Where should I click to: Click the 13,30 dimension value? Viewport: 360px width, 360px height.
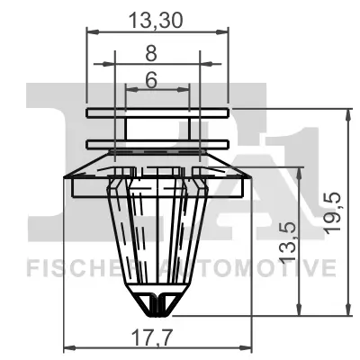tap(157, 15)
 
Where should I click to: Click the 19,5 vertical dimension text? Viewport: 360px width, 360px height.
tap(334, 211)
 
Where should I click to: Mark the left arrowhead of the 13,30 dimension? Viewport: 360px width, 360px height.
tap(90, 31)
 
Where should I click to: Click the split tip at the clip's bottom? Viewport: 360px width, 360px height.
tap(157, 306)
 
